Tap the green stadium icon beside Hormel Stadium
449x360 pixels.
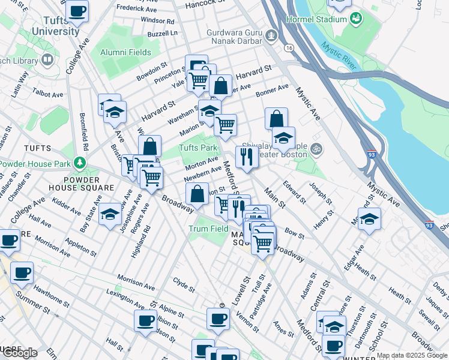click(x=356, y=19)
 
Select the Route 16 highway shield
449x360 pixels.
click(x=289, y=47)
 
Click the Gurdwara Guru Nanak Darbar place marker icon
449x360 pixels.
click(x=272, y=36)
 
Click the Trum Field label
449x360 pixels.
click(x=208, y=229)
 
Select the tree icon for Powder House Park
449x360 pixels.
click(x=79, y=163)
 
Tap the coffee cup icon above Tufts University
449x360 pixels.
click(x=77, y=11)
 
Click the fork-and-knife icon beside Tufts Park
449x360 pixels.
click(x=247, y=156)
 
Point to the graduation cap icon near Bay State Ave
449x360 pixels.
click(x=110, y=213)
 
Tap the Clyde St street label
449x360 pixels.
click(x=184, y=284)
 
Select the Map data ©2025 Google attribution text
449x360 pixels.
click(x=412, y=355)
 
